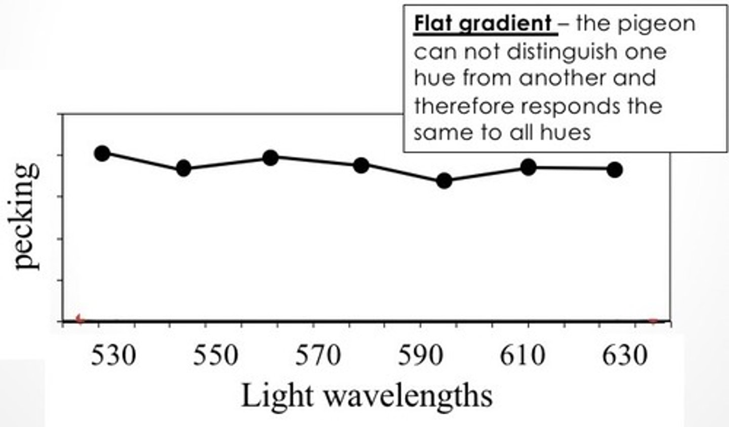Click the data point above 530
102,153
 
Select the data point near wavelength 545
184,168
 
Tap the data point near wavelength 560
271,158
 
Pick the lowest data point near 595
444,180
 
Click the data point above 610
528,167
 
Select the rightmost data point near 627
615,170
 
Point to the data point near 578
361,165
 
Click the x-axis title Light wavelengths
367,396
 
